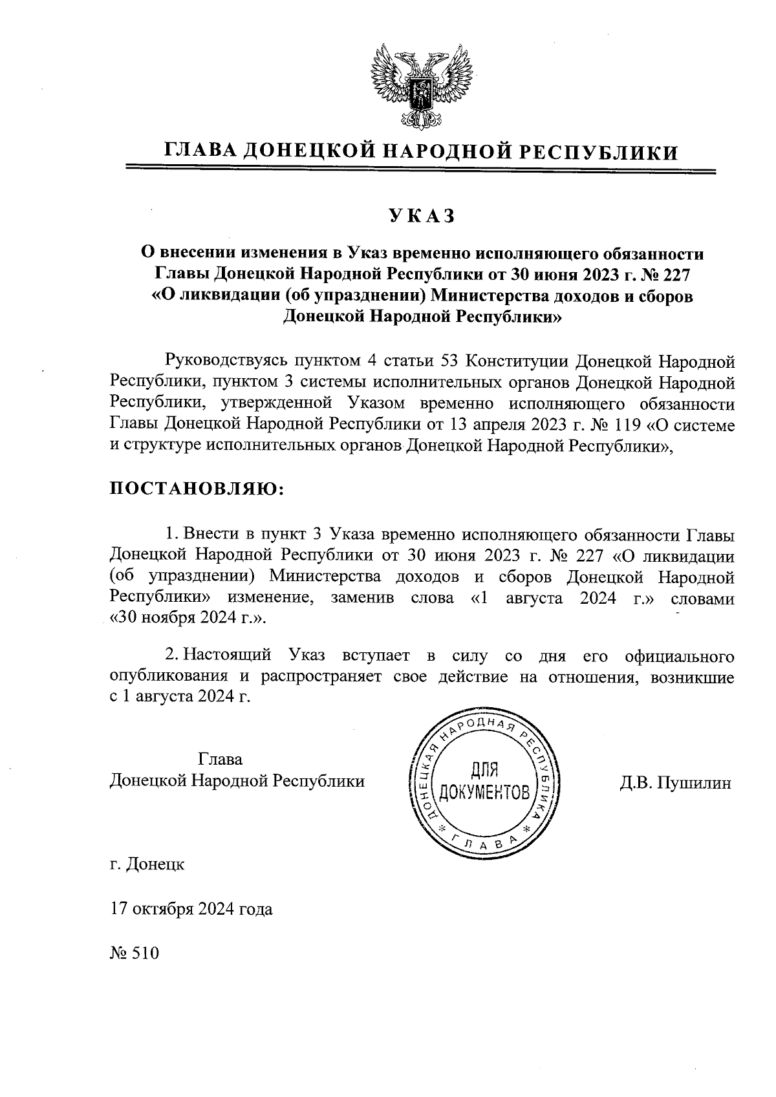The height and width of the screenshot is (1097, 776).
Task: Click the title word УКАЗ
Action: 422,216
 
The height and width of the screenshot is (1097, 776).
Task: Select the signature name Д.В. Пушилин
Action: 675,783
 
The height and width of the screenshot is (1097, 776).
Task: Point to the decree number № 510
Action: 135,954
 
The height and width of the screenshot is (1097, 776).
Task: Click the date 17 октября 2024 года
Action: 191,910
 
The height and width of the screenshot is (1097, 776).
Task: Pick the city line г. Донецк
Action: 147,864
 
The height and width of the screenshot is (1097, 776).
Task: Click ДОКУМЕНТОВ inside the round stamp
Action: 485,792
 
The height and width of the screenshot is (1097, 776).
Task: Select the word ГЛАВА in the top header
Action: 200,151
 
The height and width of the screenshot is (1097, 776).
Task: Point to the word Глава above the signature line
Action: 221,758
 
